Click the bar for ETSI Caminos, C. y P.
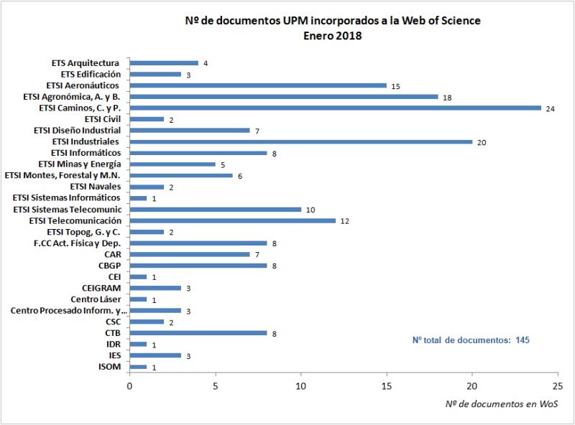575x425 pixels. tap(335, 108)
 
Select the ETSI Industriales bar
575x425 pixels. tap(300, 141)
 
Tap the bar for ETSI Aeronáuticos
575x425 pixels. tap(258, 85)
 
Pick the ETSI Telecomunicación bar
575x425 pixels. tap(232, 220)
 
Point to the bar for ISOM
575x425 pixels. tap(138, 367)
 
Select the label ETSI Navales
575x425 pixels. tap(96, 187)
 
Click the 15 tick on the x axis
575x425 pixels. tap(387, 385)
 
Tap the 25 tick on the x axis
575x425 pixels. tap(558, 385)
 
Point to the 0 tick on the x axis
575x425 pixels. tap(129, 385)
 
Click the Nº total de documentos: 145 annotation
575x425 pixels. tap(471, 340)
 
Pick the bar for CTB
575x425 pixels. tap(198, 333)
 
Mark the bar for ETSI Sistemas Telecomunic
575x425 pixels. tap(215, 209)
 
